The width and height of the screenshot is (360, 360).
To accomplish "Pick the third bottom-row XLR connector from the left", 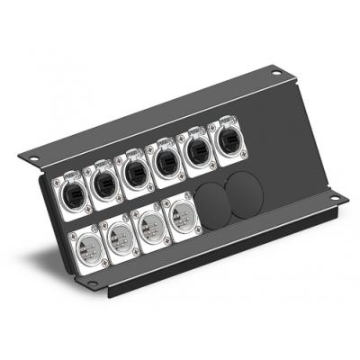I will [x=151, y=226].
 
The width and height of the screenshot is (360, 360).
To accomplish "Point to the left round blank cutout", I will [x=212, y=204].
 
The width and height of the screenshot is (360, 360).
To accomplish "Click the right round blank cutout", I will [x=242, y=193].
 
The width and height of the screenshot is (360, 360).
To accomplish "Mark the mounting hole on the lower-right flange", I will [x=334, y=200].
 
